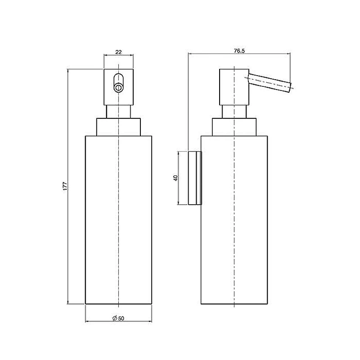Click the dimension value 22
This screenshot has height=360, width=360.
[118, 52]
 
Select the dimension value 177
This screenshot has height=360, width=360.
[65, 186]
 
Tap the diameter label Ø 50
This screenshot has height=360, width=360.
[118, 318]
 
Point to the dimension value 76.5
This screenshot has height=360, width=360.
[239, 51]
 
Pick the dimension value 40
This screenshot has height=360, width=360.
[175, 178]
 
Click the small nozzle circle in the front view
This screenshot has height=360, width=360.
[118, 87]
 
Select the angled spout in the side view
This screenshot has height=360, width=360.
[270, 83]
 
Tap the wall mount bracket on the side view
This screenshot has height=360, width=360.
[195, 178]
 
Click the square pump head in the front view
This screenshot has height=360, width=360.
[118, 87]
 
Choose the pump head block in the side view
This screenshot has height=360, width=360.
[234, 87]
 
